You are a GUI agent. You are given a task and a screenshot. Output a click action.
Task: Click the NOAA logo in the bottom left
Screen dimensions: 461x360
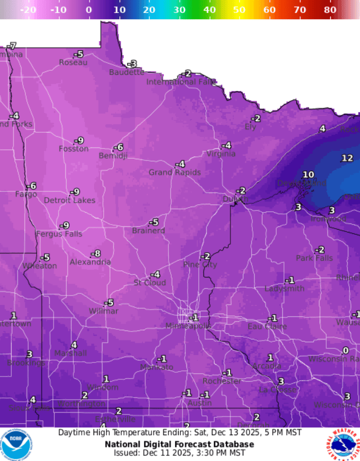click(16, 444)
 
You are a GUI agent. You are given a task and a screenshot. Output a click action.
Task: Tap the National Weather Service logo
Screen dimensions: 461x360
click(342, 444)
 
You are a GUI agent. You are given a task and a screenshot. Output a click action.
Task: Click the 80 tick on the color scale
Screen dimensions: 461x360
click(330, 10)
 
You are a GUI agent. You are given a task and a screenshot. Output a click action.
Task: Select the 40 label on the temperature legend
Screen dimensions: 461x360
click(209, 10)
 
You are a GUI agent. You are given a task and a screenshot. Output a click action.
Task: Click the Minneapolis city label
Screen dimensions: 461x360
click(188, 326)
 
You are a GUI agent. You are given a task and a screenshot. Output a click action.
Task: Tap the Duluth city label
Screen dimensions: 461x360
click(234, 199)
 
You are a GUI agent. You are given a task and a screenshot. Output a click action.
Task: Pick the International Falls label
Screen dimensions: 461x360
click(180, 82)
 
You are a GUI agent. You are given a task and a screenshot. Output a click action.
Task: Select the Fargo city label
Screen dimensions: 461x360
click(25, 194)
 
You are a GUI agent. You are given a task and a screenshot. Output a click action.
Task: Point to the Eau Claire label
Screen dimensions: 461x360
click(267, 326)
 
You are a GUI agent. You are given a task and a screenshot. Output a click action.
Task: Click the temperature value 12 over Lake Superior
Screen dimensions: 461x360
click(347, 158)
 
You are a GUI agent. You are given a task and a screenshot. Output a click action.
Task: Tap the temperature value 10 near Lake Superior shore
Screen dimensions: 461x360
click(308, 174)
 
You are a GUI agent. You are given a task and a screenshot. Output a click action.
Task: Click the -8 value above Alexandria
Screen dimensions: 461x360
click(96, 253)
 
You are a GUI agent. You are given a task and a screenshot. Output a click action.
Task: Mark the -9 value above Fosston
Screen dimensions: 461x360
click(79, 140)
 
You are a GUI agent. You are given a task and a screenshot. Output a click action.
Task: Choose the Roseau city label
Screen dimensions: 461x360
click(73, 62)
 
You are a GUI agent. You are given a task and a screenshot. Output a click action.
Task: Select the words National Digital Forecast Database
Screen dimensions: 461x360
click(179, 444)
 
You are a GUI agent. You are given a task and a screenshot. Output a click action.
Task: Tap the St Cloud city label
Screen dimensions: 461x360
click(149, 283)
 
